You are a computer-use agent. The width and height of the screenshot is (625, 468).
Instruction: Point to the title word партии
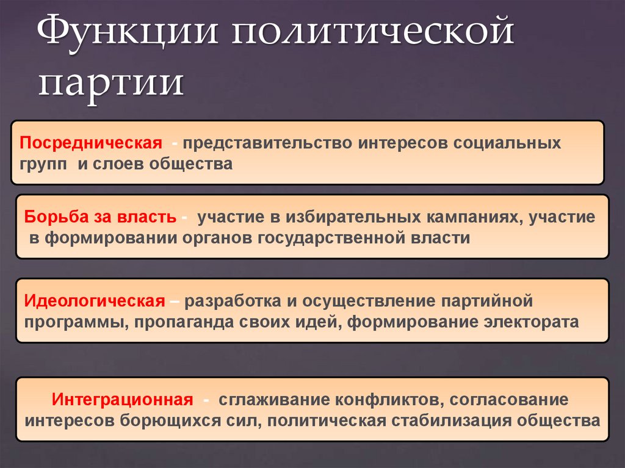tap(110, 84)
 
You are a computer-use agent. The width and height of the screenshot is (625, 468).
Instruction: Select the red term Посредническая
tap(91, 143)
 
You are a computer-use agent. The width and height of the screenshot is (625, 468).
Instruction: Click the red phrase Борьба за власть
tap(101, 217)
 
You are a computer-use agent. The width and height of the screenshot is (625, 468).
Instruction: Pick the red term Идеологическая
tap(95, 301)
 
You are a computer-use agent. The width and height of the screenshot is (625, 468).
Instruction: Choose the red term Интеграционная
tap(123, 400)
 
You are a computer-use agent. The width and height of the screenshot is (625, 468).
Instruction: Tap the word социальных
tap(507, 143)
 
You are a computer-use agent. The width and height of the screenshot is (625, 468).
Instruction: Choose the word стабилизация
tap(452, 420)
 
